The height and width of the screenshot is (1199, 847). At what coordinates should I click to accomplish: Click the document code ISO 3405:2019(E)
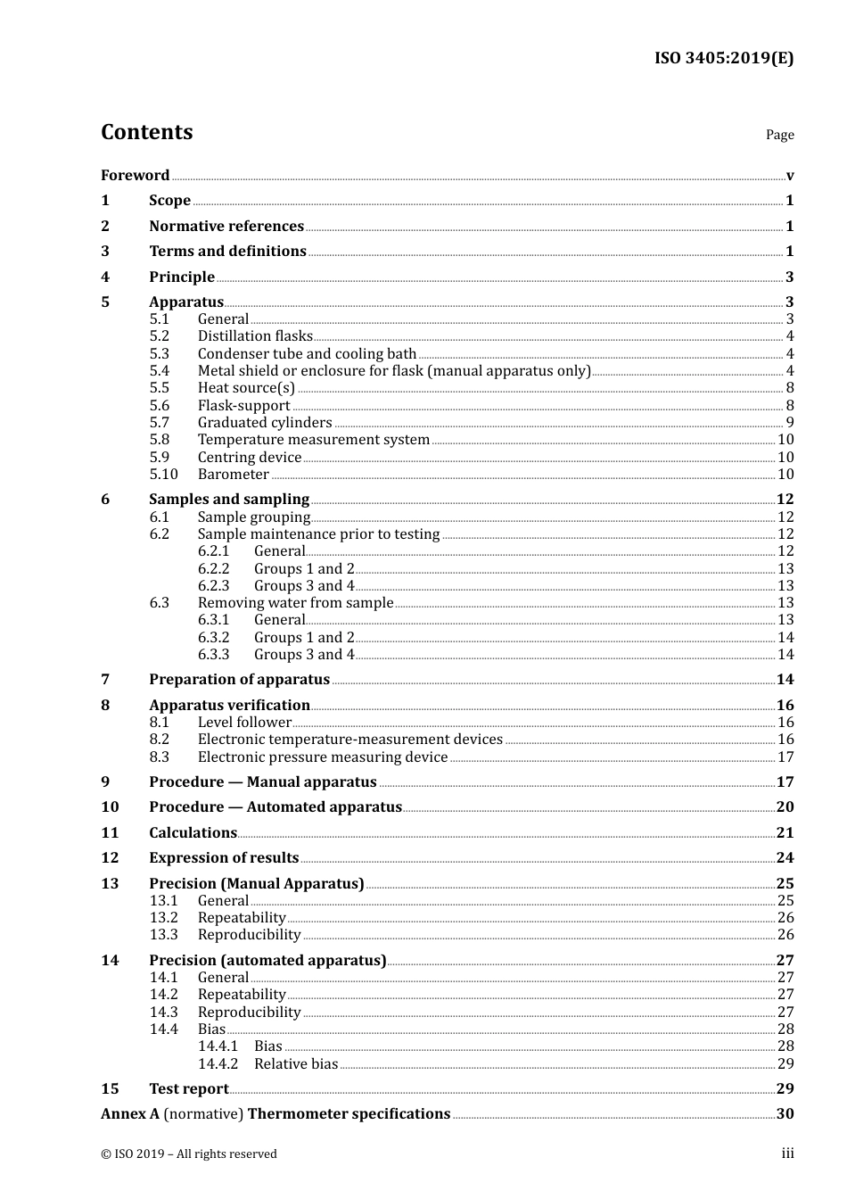723,59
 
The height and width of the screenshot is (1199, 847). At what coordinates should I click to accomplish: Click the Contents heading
146,132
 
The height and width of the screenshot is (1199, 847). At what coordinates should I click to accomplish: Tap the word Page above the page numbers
779,135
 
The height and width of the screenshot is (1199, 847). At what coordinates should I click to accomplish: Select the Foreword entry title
135,176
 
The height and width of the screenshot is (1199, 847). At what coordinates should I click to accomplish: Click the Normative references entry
226,227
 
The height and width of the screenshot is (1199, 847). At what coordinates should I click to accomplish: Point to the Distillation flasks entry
255,336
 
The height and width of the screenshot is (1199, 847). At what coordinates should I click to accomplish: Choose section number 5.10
163,475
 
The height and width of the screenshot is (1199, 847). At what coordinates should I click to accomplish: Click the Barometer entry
233,475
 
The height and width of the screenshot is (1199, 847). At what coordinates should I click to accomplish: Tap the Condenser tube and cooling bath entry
307,354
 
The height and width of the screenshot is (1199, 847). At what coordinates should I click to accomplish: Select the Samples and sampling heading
229,500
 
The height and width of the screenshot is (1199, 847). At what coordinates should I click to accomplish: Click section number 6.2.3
213,586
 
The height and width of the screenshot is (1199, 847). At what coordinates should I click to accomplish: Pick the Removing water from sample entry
295,603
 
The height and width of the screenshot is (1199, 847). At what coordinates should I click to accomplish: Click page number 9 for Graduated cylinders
789,423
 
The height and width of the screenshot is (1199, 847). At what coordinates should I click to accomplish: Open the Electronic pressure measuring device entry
322,757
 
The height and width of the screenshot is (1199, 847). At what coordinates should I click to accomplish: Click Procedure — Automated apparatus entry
275,807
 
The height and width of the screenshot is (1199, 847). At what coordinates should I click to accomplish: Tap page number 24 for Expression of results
785,858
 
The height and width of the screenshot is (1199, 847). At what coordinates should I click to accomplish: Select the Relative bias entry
296,1064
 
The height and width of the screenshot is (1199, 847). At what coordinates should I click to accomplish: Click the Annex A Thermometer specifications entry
275,1114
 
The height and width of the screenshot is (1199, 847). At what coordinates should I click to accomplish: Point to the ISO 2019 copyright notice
189,1154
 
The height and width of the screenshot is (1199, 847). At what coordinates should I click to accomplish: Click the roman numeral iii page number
787,1154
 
